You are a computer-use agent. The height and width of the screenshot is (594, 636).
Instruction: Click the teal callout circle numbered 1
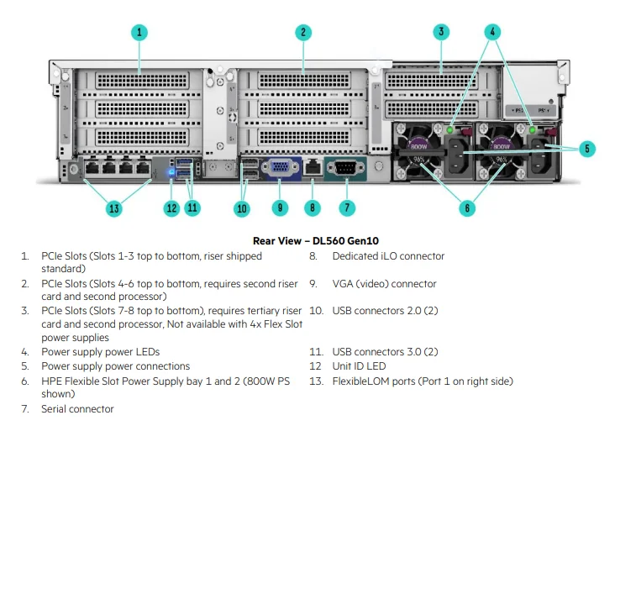139,32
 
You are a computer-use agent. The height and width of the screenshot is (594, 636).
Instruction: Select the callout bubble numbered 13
114,208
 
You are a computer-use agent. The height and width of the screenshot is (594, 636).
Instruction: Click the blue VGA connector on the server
280,168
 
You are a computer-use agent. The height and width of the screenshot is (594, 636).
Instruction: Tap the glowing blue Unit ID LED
171,172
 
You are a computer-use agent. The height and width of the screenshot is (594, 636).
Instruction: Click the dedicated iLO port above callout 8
313,166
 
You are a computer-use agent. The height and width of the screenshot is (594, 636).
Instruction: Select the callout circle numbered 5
587,149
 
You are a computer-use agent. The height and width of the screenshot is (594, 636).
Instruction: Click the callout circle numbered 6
468,208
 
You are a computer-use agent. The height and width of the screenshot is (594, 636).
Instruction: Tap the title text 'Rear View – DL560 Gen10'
316,241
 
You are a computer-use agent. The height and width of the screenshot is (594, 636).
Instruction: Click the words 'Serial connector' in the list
77,409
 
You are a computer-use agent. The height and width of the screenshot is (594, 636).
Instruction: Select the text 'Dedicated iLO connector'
388,256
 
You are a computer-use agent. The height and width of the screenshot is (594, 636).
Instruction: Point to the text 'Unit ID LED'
359,366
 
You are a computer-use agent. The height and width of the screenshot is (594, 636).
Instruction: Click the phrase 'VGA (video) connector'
384,284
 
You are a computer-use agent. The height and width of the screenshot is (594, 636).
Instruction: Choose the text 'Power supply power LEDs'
100,352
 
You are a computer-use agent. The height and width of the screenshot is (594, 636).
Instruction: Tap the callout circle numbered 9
281,208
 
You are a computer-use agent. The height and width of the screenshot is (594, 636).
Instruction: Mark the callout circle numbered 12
171,208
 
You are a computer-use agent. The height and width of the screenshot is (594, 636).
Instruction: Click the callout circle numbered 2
303,32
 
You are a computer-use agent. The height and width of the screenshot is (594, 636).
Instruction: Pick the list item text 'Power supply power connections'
115,366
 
